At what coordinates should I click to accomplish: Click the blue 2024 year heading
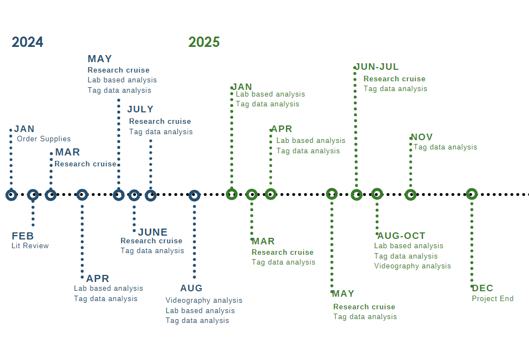point(27,42)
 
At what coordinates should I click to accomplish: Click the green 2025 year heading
point(204,42)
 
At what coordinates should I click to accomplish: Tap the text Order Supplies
point(44,139)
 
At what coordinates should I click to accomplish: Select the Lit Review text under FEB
point(30,246)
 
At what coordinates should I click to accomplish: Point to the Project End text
point(492,299)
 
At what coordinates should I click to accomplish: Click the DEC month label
point(483,288)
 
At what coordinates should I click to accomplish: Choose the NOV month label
point(421,137)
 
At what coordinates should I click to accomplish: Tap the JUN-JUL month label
point(377,67)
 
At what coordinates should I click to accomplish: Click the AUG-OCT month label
point(401,236)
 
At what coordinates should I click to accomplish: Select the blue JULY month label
point(140,109)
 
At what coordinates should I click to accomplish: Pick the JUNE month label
point(153,232)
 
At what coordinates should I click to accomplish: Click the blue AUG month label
point(191,288)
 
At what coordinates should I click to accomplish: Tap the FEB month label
point(22,236)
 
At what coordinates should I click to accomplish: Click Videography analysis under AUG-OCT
point(412,266)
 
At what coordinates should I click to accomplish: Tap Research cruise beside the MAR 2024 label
point(85,164)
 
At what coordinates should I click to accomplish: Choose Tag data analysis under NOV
point(445,147)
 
